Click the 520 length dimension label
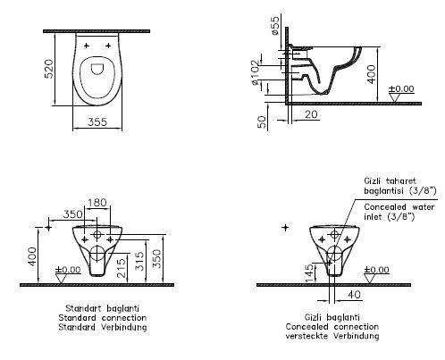[49, 69]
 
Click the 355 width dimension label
[97, 121]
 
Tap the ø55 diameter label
[275, 26]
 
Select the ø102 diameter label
[256, 72]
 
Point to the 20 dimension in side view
[311, 114]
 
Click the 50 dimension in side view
[262, 121]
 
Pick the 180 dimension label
[97, 203]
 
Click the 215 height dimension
[121, 268]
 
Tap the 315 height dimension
[139, 261]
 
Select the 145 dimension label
[309, 272]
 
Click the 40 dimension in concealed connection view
[354, 295]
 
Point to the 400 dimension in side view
[371, 74]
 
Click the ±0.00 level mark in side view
[401, 88]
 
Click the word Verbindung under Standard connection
[124, 327]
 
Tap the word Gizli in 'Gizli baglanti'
[313, 317]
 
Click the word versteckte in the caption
[306, 336]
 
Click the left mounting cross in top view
[87, 46]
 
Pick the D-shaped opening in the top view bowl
[97, 69]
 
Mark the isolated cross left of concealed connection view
[285, 228]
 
